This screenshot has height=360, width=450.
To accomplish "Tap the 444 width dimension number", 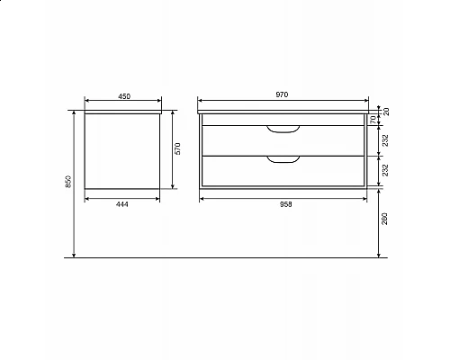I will [x=124, y=203].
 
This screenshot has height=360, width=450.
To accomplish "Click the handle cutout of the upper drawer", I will [x=283, y=130].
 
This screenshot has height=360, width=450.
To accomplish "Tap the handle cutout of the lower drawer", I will [x=283, y=160].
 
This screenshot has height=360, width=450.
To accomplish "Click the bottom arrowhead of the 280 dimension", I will [x=377, y=256].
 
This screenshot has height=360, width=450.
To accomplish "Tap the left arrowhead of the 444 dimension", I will [x=86, y=197].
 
